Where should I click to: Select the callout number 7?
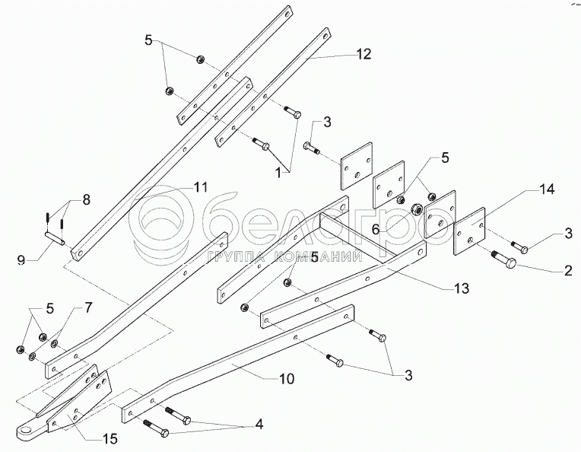(x=88, y=307)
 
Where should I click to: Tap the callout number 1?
(x=284, y=173)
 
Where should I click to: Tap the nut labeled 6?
(x=417, y=209)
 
